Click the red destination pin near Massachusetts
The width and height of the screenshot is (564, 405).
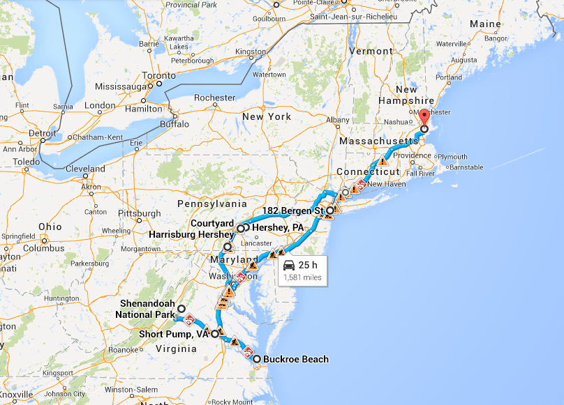[x=424, y=117]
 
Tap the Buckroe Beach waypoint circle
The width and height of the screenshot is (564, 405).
[x=257, y=360]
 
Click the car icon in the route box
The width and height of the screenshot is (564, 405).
[x=289, y=265]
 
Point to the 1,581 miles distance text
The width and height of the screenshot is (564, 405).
[x=302, y=277]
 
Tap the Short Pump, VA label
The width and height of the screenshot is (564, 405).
[x=174, y=334]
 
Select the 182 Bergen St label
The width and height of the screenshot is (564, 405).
[x=292, y=210]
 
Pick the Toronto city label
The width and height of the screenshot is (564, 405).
[x=159, y=75]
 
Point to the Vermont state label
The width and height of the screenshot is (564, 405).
[x=371, y=51]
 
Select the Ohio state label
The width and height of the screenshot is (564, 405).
[x=50, y=227]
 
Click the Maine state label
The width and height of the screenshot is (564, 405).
[x=485, y=24]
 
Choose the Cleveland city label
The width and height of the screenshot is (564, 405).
[x=85, y=169]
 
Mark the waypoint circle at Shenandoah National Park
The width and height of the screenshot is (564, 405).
[x=181, y=309]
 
